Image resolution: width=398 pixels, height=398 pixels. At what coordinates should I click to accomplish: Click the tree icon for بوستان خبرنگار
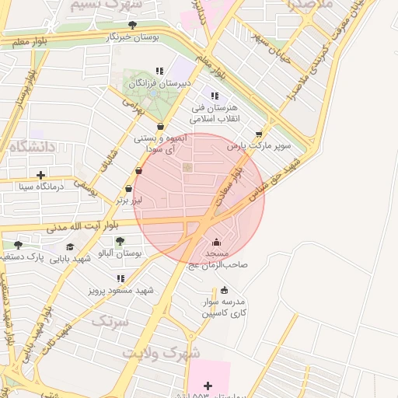pyautogui.click(x=133, y=25)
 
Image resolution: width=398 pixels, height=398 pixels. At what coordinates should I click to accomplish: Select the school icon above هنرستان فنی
pyautogui.click(x=215, y=96)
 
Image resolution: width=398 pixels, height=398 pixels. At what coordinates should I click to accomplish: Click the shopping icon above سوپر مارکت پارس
pyautogui.click(x=270, y=133)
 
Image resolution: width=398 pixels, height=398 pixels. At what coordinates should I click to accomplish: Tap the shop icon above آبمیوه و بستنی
pyautogui.click(x=160, y=127)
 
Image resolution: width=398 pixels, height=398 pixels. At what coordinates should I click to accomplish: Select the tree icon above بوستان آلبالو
pyautogui.click(x=119, y=241)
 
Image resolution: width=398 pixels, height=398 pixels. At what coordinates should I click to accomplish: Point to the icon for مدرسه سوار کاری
pyautogui.click(x=225, y=290)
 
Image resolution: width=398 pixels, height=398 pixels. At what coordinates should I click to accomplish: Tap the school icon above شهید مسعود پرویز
pyautogui.click(x=120, y=278)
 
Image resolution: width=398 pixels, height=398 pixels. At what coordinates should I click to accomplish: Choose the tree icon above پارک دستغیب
pyautogui.click(x=18, y=245)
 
